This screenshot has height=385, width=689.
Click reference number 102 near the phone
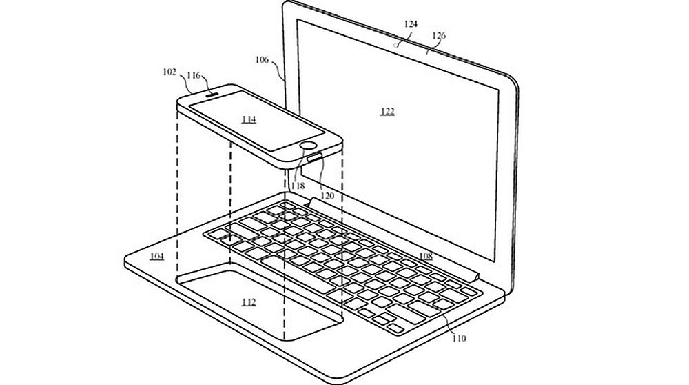(169, 71)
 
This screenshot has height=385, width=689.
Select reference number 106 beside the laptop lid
(262, 59)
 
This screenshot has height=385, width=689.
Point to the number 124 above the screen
(411, 23)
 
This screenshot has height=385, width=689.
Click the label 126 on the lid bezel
(438, 35)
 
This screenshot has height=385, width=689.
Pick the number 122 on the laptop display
(388, 111)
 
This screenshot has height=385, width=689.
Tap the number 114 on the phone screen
(249, 119)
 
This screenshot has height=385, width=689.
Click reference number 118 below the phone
(297, 186)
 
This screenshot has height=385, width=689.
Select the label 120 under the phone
(327, 195)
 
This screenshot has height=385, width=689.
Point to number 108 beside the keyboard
(425, 256)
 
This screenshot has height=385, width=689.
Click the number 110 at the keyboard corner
(459, 337)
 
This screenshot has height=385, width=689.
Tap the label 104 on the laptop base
(157, 256)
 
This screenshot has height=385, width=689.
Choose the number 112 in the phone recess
(249, 302)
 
